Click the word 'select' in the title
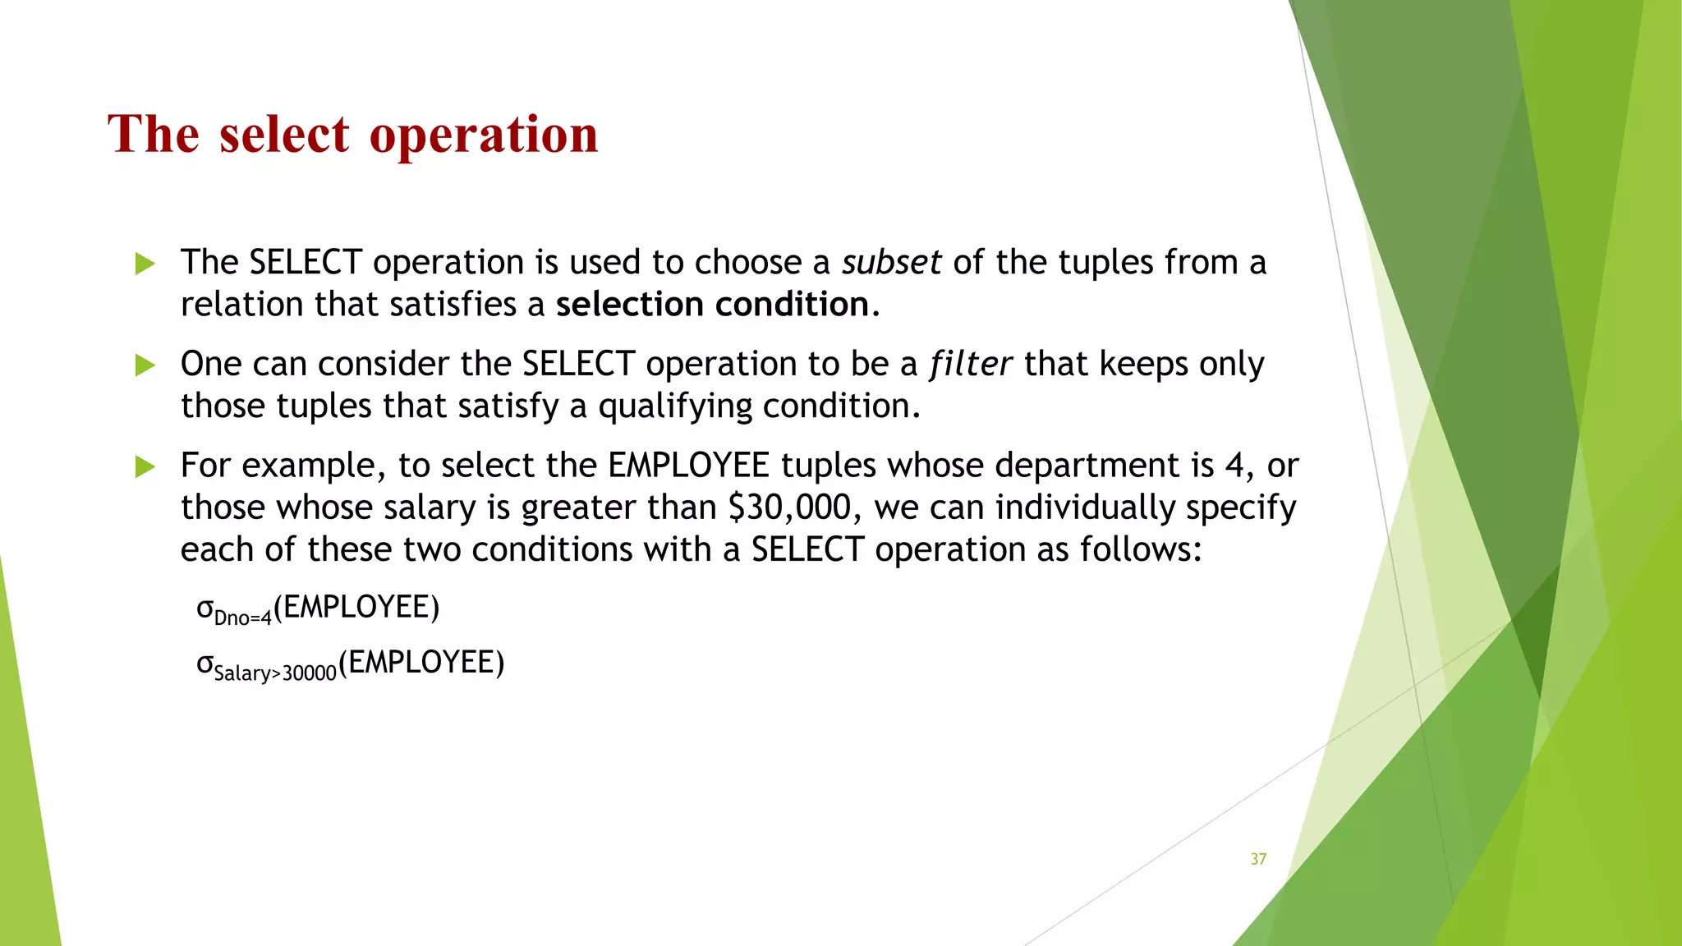tap(284, 134)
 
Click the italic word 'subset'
tap(891, 263)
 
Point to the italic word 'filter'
tap(970, 364)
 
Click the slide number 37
tap(1258, 859)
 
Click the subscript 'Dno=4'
tap(242, 618)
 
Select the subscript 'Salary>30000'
tap(275, 673)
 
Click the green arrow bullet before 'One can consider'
tap(145, 365)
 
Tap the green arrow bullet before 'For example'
tap(145, 466)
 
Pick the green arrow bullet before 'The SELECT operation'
tap(145, 264)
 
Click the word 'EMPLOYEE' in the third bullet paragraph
tap(688, 466)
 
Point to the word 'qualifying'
tap(674, 406)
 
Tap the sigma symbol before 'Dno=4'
tap(205, 608)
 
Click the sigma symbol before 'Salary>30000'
tap(205, 664)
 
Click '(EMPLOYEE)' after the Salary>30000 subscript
tap(421, 662)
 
